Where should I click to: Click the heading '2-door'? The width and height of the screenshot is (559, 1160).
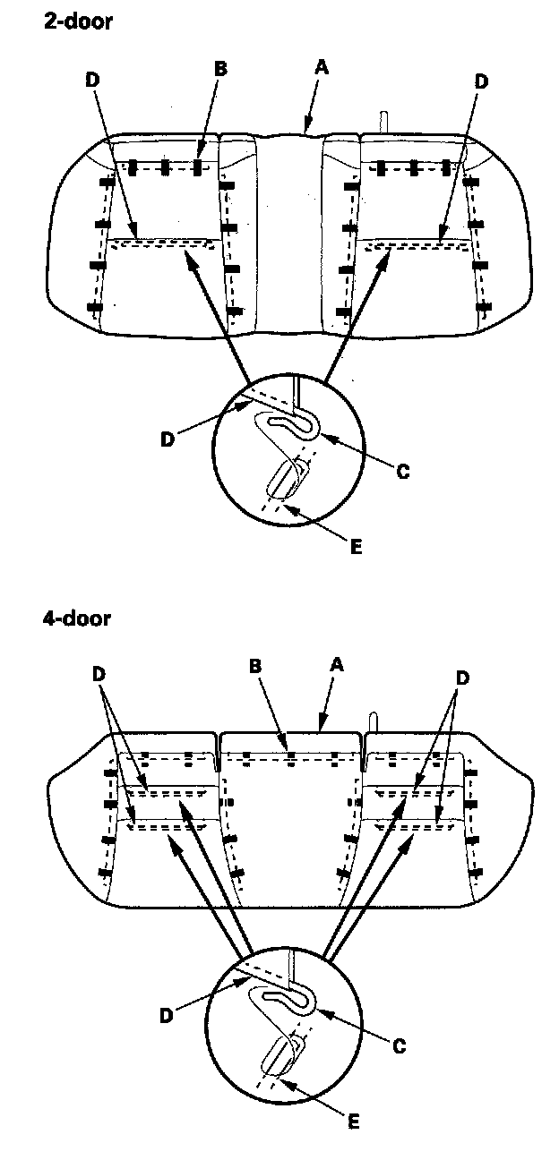[x=79, y=23]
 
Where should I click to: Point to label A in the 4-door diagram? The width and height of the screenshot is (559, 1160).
[x=337, y=665]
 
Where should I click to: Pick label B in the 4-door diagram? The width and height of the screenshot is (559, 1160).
[x=254, y=666]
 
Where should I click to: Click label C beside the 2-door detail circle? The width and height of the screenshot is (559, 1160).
[x=403, y=470]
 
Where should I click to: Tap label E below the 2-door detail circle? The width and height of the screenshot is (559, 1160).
[x=356, y=547]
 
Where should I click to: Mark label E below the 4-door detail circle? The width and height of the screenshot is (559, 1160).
[x=356, y=1119]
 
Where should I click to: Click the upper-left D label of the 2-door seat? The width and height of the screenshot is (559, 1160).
[x=93, y=80]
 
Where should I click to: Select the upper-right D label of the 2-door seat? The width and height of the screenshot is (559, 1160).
[x=481, y=81]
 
